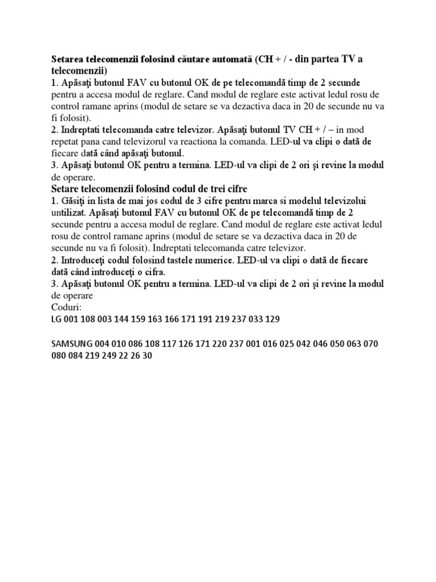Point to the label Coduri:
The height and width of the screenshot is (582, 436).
[x=66, y=307]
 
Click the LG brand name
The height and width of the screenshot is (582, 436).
[x=56, y=320]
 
